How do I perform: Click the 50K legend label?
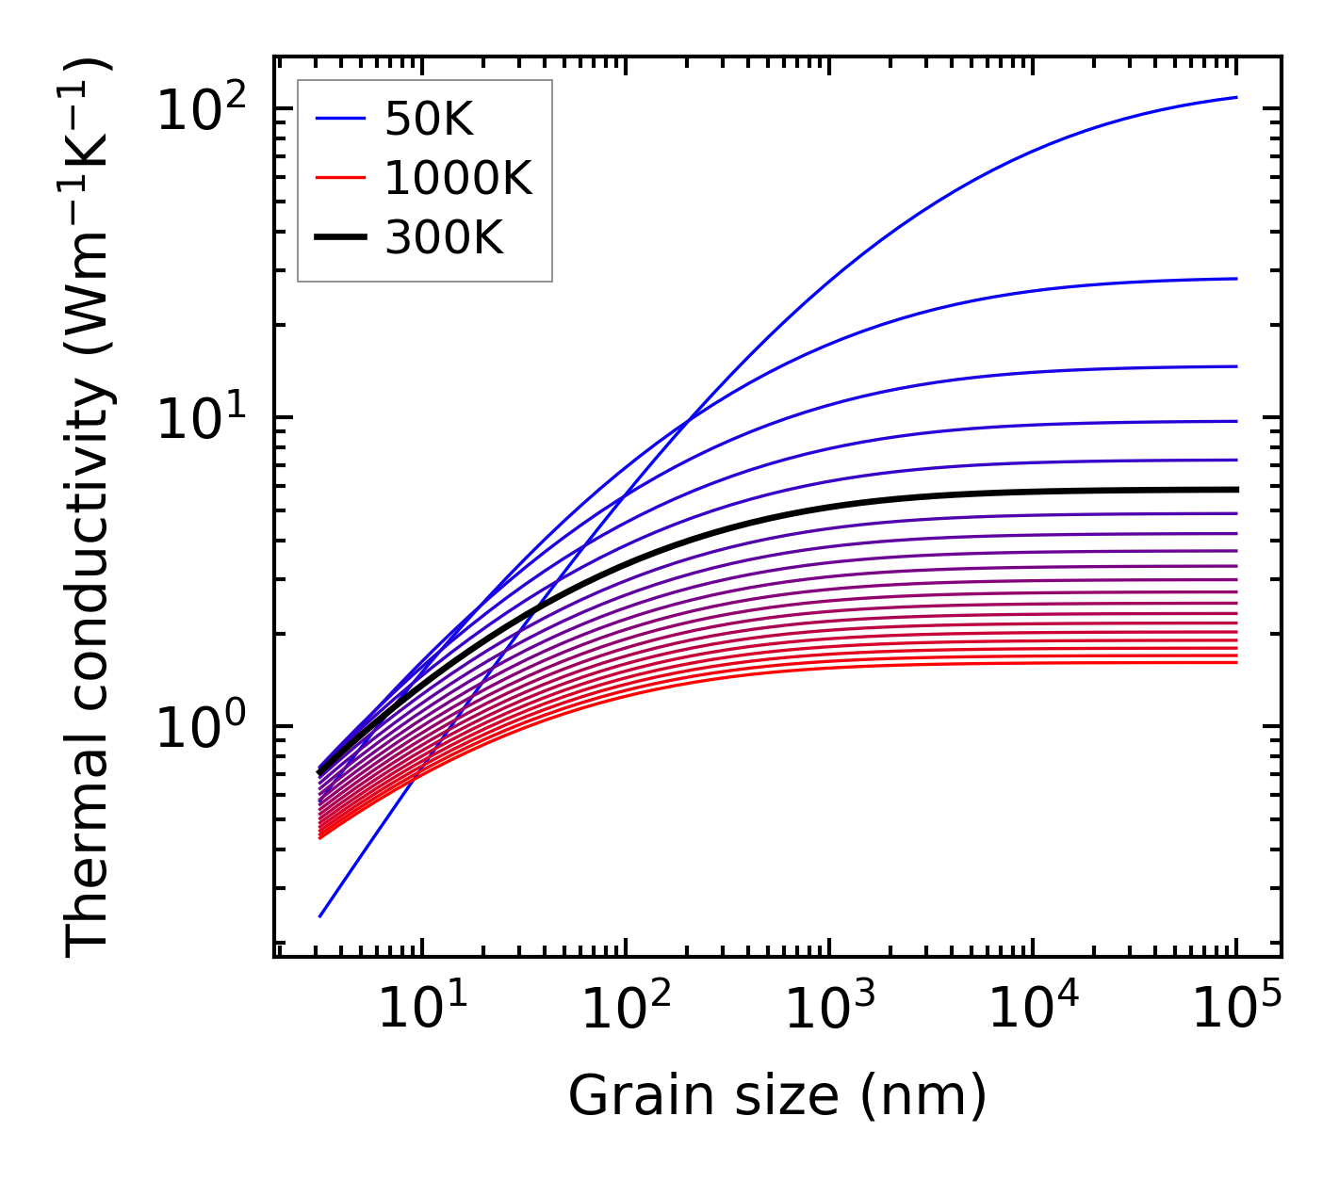(x=429, y=119)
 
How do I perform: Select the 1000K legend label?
(x=458, y=178)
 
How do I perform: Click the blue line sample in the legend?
(x=339, y=119)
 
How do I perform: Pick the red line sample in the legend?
(x=339, y=178)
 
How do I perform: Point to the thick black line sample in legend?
(x=339, y=238)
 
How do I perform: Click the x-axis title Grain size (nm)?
(x=777, y=1096)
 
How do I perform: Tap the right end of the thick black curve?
(x=1235, y=490)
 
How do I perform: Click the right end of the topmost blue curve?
(x=1235, y=97)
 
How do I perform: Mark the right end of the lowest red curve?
(x=1235, y=662)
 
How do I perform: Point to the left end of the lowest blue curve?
(x=320, y=915)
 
